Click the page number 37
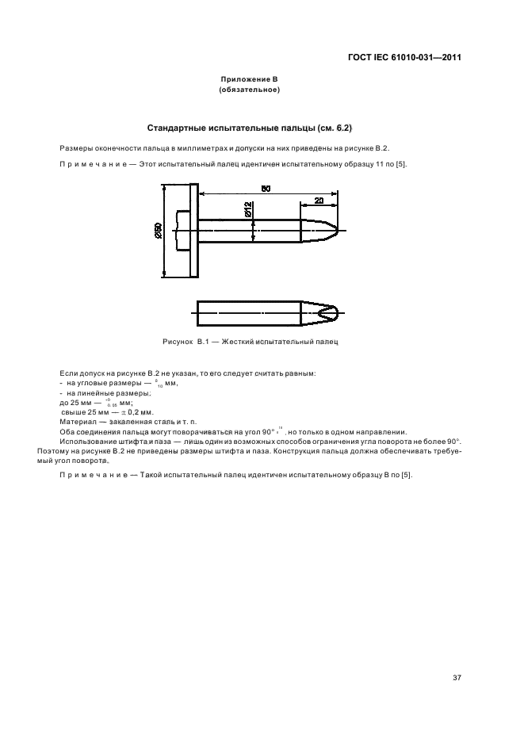pos(457,678)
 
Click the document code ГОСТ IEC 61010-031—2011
pos(404,58)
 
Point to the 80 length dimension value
pos(266,188)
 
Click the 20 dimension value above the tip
pos(318,201)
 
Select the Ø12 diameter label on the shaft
pos(249,209)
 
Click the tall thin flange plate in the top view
pos(193,230)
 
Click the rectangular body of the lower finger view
pos(247,313)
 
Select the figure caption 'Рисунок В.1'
pos(183,341)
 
